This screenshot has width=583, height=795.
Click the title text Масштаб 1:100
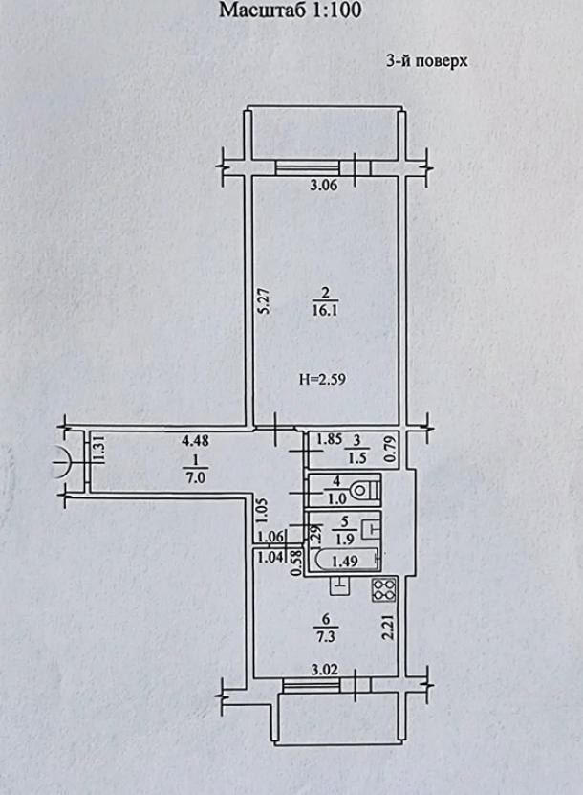[x=290, y=11]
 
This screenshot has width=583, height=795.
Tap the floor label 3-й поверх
[x=426, y=61]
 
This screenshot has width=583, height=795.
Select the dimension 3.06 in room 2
[x=324, y=185]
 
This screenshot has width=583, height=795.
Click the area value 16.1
[x=325, y=310]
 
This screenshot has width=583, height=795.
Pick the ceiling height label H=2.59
[x=323, y=379]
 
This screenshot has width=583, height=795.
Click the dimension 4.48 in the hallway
[x=195, y=441]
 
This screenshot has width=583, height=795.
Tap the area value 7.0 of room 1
[x=196, y=477]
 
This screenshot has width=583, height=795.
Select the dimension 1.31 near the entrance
[x=98, y=450]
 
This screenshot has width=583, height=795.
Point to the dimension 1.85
[x=329, y=438]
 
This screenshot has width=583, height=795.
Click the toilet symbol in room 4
[x=367, y=490]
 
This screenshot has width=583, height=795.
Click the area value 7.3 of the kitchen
[x=325, y=636]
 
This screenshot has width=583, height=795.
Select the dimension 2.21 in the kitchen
[x=389, y=627]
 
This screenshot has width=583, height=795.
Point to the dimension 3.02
[x=324, y=670]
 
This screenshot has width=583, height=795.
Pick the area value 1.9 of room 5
[x=345, y=540]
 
